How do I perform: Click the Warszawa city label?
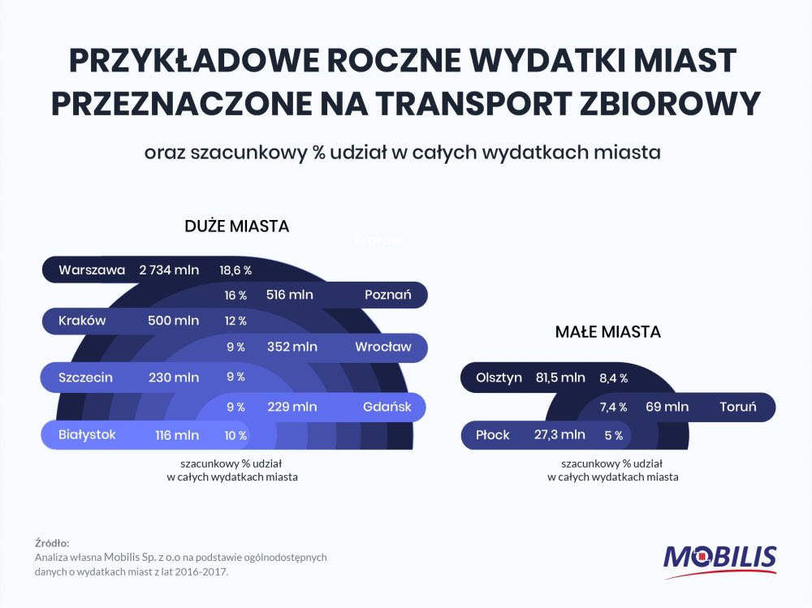92,270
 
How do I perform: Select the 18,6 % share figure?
235,270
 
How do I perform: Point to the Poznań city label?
387,295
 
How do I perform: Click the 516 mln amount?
289,295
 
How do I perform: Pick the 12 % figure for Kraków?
235,321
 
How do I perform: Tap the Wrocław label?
382,347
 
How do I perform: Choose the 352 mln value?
292,347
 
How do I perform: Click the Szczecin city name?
85,377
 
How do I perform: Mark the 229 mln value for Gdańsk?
292,407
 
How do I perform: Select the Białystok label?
87,435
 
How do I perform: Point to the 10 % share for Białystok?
235,436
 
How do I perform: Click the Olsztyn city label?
499,377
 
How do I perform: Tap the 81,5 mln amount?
560,377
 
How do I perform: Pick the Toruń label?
737,407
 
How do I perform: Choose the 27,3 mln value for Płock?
560,435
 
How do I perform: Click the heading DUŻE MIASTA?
236,226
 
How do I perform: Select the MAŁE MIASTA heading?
607,332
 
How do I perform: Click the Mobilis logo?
719,559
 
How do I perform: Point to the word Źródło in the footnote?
52,542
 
